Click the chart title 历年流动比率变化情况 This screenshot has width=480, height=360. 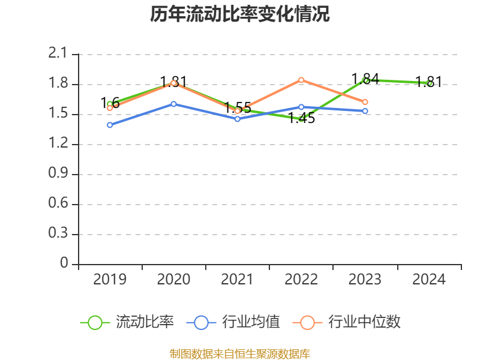(240, 14)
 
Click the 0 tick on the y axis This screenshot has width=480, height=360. (65, 264)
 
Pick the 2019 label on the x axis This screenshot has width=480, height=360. (110, 280)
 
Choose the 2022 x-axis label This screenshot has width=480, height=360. (301, 280)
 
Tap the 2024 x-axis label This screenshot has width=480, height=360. (429, 280)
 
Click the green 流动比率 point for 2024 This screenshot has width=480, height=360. (430, 83)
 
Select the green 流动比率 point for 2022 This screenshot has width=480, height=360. (301, 119)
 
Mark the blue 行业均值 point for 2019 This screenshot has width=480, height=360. (110, 125)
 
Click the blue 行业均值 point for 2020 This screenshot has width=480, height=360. (173, 104)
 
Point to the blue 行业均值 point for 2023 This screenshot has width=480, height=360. (365, 111)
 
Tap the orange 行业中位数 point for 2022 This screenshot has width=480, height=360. (301, 80)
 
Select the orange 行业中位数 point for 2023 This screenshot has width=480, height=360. (365, 102)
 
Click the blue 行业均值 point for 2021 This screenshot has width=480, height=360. (238, 119)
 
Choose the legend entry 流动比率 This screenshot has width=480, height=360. (128, 322)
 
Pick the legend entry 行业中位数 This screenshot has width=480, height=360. (347, 322)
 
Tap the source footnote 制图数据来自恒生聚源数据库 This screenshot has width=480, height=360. (240, 353)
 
